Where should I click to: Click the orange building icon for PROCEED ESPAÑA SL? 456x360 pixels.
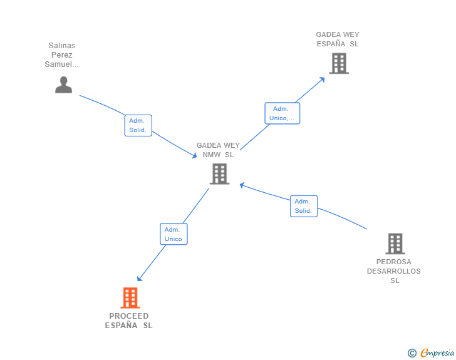pyautogui.click(x=130, y=298)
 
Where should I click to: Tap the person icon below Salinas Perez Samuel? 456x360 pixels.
pyautogui.click(x=63, y=85)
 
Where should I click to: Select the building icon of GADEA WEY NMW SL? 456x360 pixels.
pyautogui.click(x=219, y=173)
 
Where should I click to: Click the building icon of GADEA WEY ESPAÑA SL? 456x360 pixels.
pyautogui.click(x=338, y=63)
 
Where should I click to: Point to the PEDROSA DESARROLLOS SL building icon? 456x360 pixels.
pyautogui.click(x=395, y=244)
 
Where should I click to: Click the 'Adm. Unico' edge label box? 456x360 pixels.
pyautogui.click(x=174, y=234)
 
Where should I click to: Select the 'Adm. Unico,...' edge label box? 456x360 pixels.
pyautogui.click(x=282, y=113)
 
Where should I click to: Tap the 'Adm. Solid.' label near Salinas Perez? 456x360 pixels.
pyautogui.click(x=138, y=125)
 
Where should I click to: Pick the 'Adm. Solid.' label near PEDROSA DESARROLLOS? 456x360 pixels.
pyautogui.click(x=304, y=206)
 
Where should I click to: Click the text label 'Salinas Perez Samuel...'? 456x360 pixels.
pyautogui.click(x=62, y=55)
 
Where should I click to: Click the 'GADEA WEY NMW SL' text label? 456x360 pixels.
pyautogui.click(x=218, y=150)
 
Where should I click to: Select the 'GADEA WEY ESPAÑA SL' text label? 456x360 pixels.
pyautogui.click(x=338, y=39)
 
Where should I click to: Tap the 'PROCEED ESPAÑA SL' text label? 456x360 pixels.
pyautogui.click(x=129, y=321)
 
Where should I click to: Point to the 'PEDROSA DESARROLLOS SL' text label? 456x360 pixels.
pyautogui.click(x=394, y=271)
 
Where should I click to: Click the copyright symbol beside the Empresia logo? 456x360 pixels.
pyautogui.click(x=412, y=353)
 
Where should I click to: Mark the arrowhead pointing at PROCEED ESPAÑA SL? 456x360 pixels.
pyautogui.click(x=139, y=279)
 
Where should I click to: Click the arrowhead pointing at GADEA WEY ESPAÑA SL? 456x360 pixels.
pyautogui.click(x=323, y=78)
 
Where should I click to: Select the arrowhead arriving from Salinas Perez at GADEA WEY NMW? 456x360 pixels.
pyautogui.click(x=195, y=156)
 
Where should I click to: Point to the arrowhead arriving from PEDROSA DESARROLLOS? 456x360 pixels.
pyautogui.click(x=242, y=185)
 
